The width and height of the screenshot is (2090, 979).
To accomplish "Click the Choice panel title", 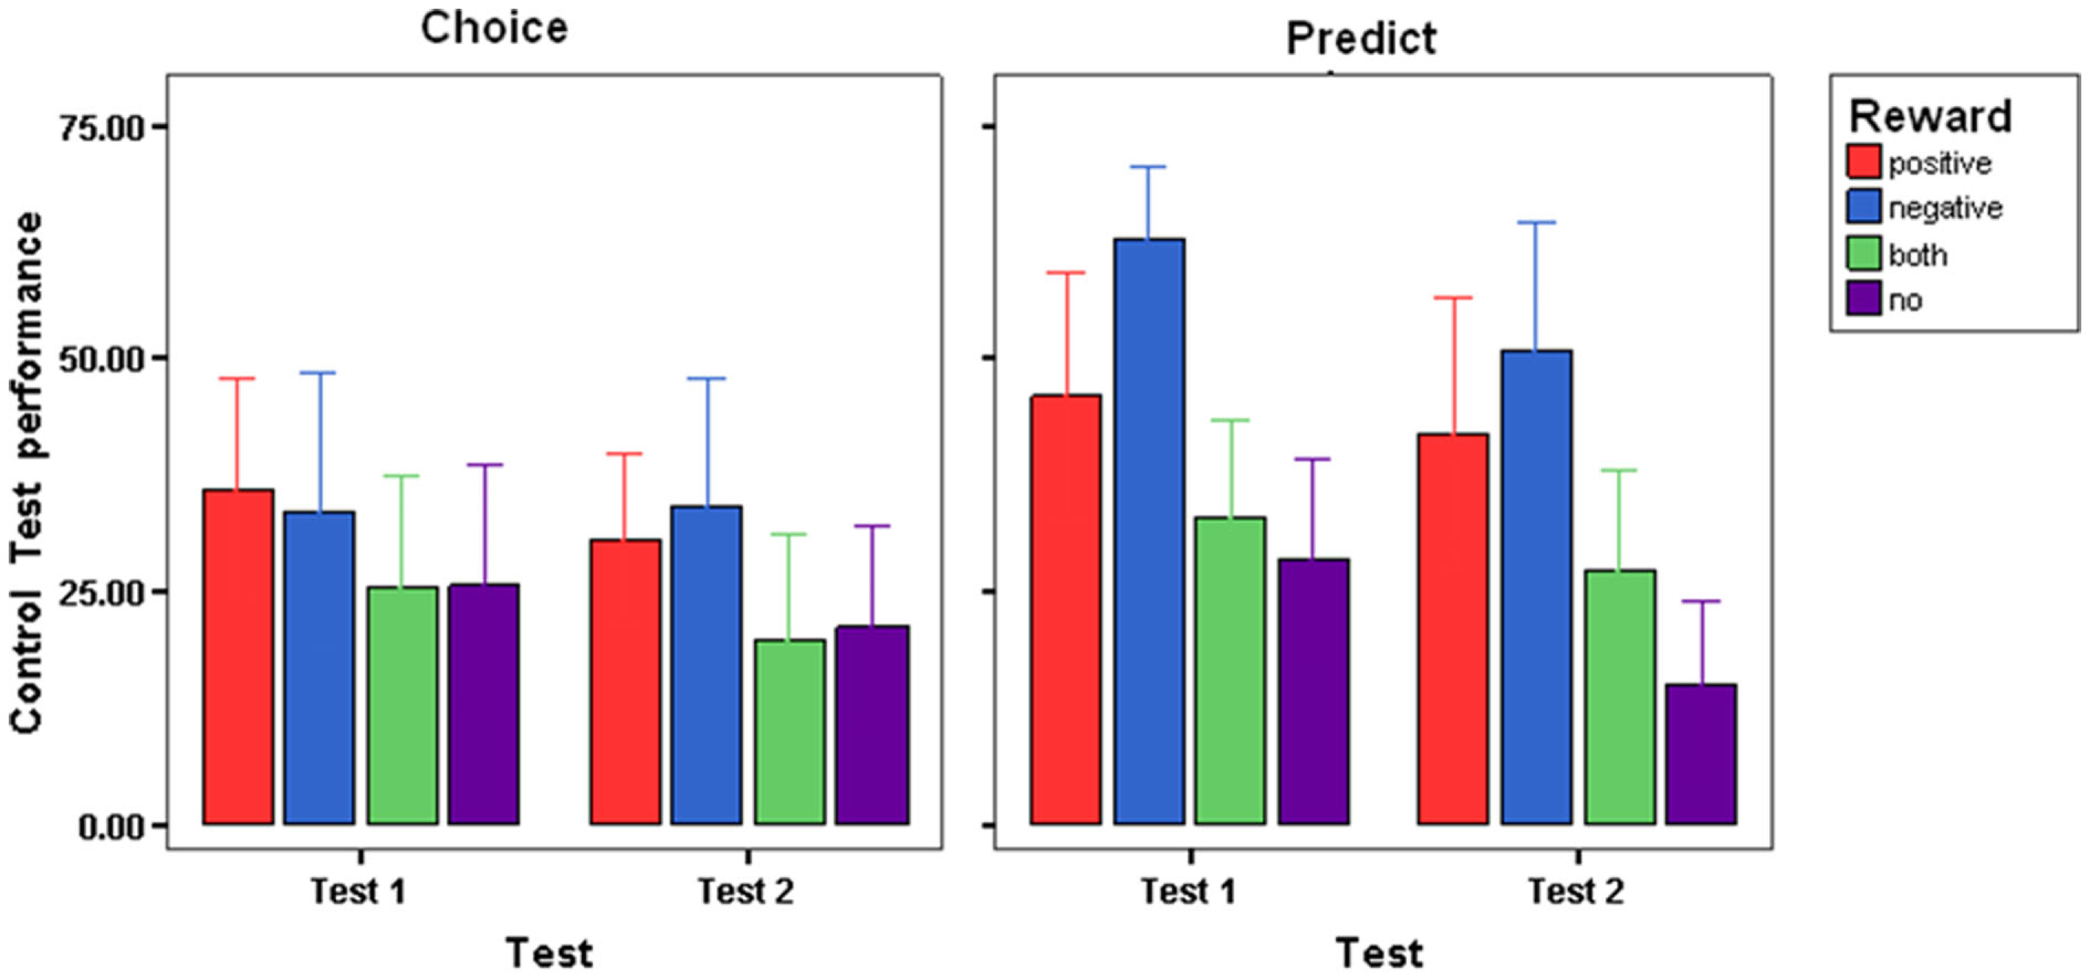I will pos(494,28).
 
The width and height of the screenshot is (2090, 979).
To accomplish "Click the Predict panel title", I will pos(1361,38).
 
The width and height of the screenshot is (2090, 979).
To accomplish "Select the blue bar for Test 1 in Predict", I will pos(1149,531).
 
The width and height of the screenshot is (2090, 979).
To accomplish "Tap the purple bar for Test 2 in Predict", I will pos(1700,753).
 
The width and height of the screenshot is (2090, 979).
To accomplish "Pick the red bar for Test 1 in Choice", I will pos(237,656).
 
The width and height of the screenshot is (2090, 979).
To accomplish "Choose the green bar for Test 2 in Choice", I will pos(789,732).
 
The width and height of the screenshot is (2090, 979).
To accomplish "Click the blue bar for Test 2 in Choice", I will pos(706,665).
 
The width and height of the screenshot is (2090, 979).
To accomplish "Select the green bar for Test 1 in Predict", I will pos(1230,671).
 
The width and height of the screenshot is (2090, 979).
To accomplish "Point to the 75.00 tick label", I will pos(101,128).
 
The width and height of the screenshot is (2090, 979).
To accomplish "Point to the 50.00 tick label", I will pos(101,359).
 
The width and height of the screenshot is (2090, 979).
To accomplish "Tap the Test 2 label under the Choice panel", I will pos(746,891).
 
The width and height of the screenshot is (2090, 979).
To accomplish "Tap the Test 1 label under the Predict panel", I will pos(1188,891).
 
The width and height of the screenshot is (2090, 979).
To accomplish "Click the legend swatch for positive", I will pos(1863,161).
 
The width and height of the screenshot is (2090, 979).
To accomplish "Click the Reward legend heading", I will pos(1929,116).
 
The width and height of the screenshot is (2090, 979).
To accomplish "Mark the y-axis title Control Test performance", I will pos(27,472).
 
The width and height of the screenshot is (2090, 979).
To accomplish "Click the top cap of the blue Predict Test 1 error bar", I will pos(1148,167).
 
